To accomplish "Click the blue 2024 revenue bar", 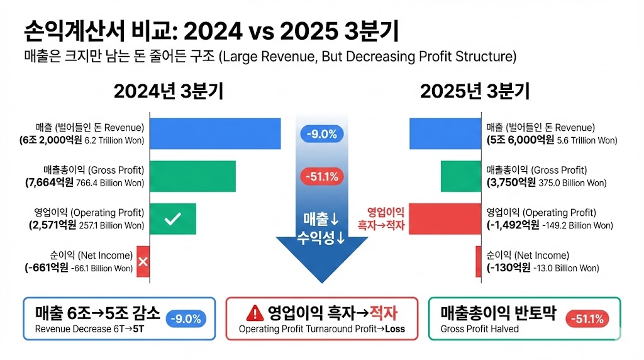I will (214, 133).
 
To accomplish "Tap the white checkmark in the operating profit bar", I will (172, 219).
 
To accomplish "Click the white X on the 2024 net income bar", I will (143, 261).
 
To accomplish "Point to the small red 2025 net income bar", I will (479, 261).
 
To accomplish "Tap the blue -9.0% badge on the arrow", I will (322, 133).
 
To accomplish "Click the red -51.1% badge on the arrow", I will (322, 177).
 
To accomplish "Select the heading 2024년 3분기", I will (169, 91).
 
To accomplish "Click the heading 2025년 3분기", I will (474, 91).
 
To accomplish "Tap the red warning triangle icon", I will (254, 313).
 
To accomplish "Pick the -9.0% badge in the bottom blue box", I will (187, 319).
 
